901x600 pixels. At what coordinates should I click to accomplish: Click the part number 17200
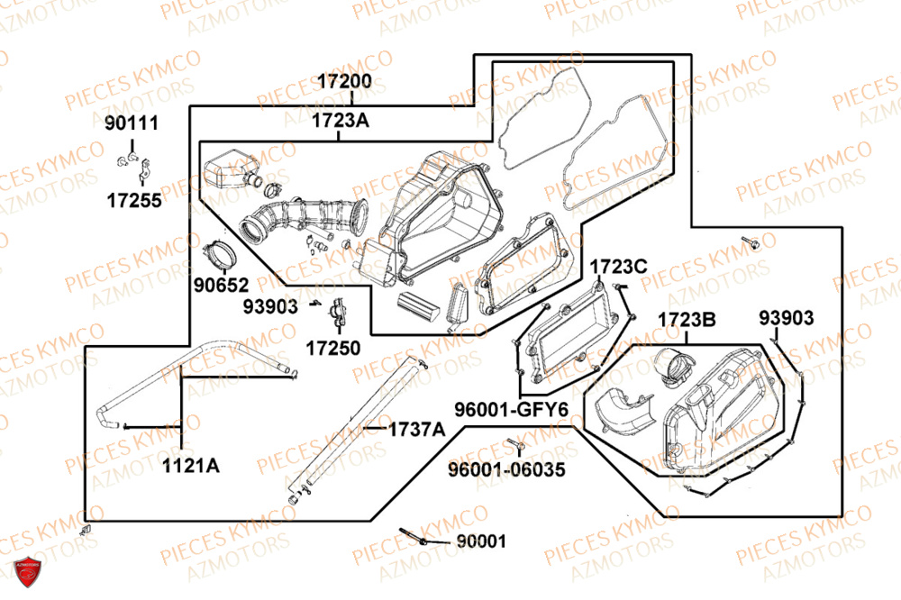tap(343, 81)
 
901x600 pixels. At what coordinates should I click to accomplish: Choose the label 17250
tap(332, 347)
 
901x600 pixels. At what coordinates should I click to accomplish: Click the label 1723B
tap(686, 321)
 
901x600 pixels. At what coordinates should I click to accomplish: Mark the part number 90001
tap(480, 541)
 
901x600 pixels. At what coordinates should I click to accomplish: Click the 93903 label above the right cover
tap(786, 318)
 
